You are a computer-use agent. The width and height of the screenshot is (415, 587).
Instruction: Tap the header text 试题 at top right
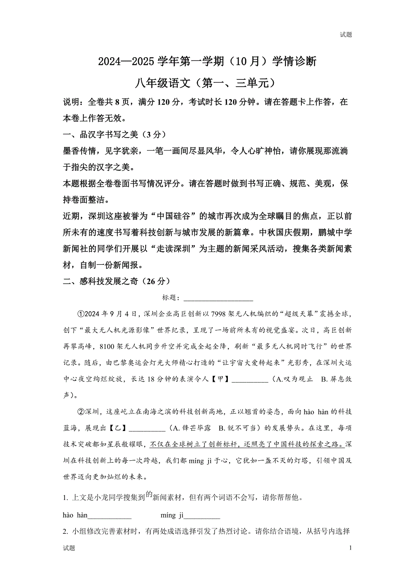346,35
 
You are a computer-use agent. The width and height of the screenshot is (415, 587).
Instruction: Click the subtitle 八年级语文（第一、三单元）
207,83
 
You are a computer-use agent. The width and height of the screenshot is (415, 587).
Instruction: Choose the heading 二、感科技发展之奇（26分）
117,281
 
